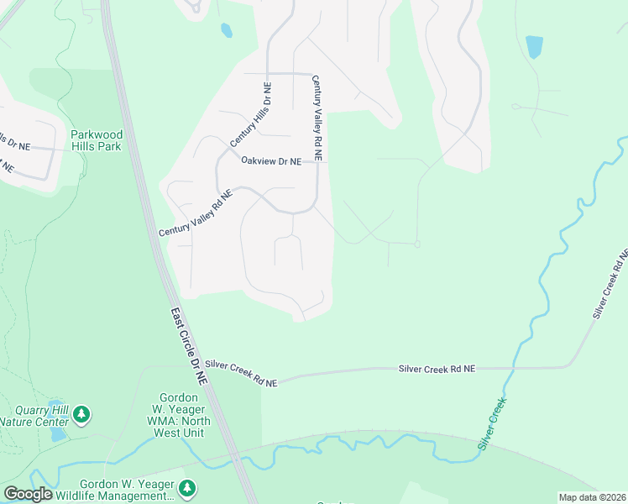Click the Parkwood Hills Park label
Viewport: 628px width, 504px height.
(x=97, y=140)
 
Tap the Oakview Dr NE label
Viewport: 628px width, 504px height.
(x=270, y=161)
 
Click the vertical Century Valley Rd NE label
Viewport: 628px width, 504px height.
(x=317, y=118)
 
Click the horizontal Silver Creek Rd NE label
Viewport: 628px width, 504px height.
(x=437, y=369)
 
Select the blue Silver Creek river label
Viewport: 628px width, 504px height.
(x=495, y=423)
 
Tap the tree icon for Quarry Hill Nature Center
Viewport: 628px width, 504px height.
(x=81, y=414)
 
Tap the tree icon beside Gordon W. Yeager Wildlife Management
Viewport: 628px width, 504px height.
(x=187, y=487)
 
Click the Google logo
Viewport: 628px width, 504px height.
(x=29, y=494)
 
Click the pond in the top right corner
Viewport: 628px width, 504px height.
(x=533, y=46)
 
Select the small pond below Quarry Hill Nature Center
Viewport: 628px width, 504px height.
(x=57, y=434)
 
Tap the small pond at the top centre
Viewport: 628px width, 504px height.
(x=226, y=31)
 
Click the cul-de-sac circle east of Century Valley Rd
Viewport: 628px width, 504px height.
(x=416, y=244)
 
